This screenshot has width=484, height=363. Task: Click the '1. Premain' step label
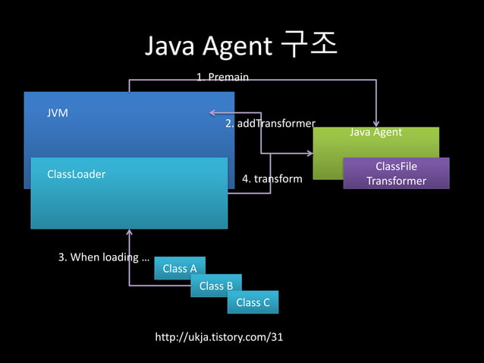click(222, 77)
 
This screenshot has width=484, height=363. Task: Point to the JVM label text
click(58, 112)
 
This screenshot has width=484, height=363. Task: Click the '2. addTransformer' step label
click(270, 123)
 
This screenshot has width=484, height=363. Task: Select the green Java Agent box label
click(376, 132)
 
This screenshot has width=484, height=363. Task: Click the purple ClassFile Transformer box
click(396, 173)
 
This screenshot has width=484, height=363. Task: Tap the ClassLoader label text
click(76, 174)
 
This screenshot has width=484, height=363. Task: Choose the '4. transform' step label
click(272, 179)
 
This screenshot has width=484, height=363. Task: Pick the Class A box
click(180, 268)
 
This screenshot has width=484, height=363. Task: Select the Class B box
click(216, 286)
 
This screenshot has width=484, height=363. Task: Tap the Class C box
click(253, 302)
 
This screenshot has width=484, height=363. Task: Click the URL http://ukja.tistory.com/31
click(218, 336)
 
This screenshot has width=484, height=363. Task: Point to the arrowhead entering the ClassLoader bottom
click(129, 232)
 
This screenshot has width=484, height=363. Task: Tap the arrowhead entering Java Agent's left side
click(309, 153)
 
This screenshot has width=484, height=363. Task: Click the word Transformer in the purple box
click(396, 181)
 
